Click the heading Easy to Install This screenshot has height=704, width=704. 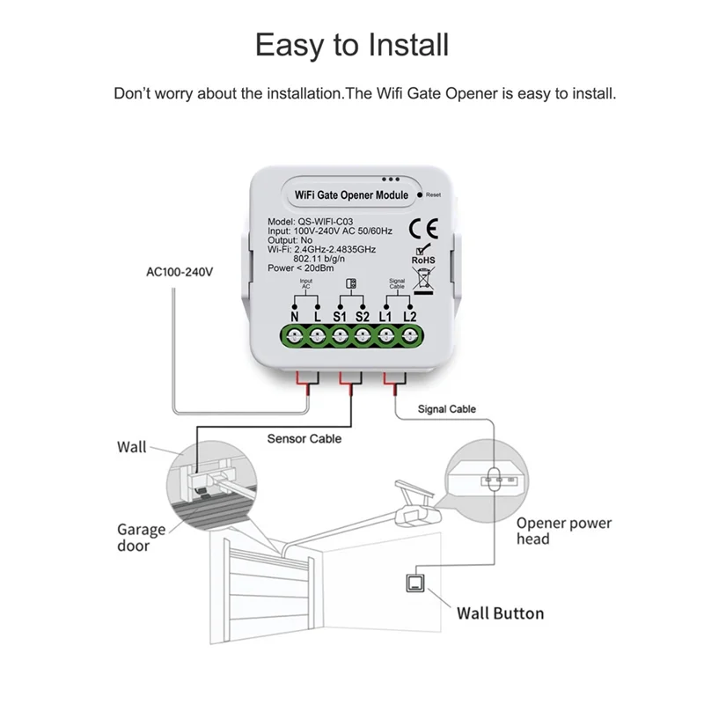click(352, 45)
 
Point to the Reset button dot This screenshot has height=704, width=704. click(421, 194)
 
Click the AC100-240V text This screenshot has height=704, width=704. click(180, 272)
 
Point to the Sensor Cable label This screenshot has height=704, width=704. click(304, 438)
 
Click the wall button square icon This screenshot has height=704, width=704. click(411, 583)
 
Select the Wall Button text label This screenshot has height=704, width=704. click(500, 613)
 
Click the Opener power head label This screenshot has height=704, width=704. click(563, 531)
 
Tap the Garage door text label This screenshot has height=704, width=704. click(141, 538)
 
